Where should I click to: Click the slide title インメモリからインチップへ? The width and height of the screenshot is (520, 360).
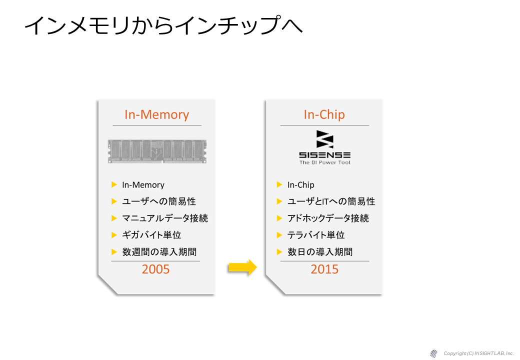163,25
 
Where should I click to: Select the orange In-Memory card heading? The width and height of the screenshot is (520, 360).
157,114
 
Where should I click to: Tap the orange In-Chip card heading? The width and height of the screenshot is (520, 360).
324,114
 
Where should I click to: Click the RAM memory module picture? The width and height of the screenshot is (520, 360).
157,151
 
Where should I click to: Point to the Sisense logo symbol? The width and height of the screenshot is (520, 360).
325,139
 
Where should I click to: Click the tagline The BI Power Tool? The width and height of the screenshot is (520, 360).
325,162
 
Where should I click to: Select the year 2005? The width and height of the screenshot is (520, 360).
155,269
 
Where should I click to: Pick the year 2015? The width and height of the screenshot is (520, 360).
324,269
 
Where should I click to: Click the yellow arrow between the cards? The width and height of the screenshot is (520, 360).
243,267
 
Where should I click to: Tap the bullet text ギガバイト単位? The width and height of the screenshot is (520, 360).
151,235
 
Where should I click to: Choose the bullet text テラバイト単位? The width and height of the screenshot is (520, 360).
316,235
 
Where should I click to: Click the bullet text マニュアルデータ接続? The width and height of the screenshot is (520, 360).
165,218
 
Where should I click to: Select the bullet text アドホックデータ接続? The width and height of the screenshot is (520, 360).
328,218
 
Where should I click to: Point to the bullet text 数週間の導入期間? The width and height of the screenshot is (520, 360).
159,252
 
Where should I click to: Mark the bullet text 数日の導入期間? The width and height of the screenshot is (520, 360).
320,252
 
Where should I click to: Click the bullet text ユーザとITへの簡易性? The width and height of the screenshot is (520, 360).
331,201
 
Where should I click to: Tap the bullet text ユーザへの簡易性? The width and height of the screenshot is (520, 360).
159,201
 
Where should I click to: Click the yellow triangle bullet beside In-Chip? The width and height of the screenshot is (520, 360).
279,184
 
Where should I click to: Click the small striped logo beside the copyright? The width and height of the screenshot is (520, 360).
433,353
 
